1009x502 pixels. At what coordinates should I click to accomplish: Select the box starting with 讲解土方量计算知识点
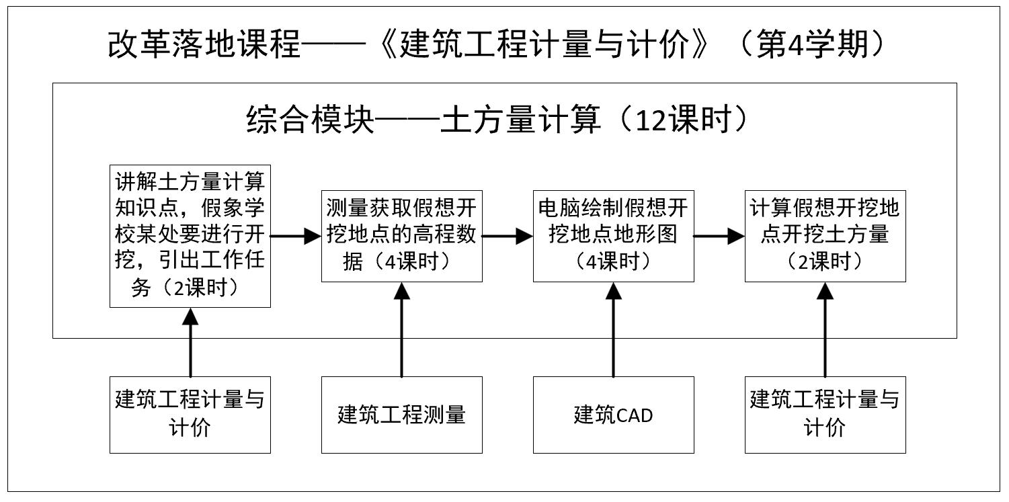pos(190,235)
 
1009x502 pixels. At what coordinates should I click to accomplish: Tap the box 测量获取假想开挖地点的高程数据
pos(401,235)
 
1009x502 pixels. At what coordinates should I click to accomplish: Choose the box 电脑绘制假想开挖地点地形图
pos(613,235)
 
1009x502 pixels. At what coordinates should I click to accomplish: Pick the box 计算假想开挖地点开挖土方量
pos(825,235)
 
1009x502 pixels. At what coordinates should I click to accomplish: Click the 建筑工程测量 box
pos(401,415)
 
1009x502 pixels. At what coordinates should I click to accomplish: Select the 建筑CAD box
pos(613,415)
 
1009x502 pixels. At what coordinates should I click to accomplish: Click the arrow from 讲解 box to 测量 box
pos(296,236)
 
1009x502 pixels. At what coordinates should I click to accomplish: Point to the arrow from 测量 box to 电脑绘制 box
pos(508,236)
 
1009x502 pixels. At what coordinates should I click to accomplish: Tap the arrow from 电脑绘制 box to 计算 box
pos(719,236)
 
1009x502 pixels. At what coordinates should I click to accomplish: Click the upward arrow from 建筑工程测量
pos(402,329)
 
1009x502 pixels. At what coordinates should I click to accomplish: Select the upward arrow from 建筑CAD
pos(614,329)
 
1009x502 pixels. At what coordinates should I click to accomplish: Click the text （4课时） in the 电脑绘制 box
pos(613,261)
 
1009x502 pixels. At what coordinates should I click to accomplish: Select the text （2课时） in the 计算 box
pos(825,261)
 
